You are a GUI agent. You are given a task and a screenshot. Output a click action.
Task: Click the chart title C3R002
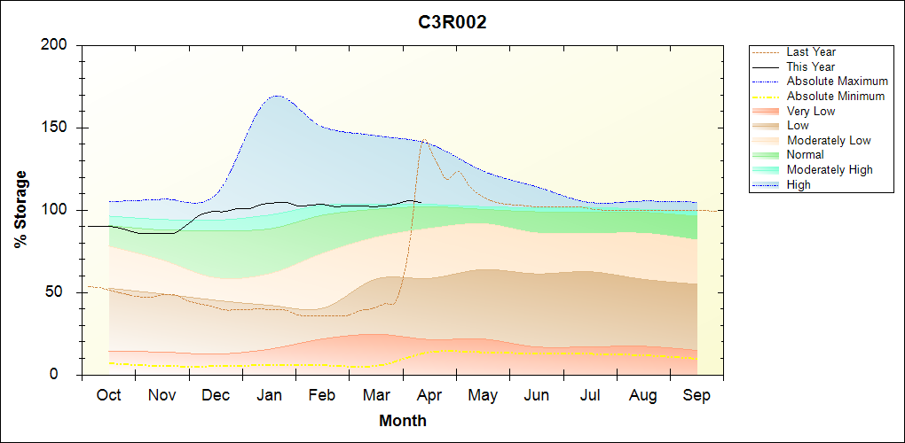coord(452,23)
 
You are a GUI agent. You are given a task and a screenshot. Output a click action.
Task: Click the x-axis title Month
coord(403,421)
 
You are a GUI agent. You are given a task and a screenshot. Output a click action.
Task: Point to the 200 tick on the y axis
coord(58,45)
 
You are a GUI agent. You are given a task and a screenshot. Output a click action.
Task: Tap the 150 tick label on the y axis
coord(58,128)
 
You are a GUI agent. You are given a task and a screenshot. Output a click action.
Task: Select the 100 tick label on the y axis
coord(58,210)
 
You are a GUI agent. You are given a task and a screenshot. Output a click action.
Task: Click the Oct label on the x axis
coord(108,395)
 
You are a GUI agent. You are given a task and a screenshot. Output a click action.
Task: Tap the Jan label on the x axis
coord(269,395)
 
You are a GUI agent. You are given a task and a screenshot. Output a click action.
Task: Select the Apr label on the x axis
coord(429,395)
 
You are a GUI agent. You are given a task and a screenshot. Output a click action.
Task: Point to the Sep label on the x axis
coord(696,395)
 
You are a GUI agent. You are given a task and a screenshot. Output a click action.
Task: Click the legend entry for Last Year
coord(811,52)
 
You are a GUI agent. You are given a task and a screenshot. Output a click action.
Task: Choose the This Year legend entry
coord(811,66)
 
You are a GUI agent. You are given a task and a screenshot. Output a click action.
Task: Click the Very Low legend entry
coord(811,111)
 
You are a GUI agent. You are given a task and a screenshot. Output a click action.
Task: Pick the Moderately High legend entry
coord(830,169)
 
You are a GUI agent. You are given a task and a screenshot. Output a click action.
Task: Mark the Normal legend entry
coord(806,155)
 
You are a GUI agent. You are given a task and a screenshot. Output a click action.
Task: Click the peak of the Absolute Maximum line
coord(276,96)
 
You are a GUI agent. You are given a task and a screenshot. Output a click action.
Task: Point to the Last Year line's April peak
coord(423,139)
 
